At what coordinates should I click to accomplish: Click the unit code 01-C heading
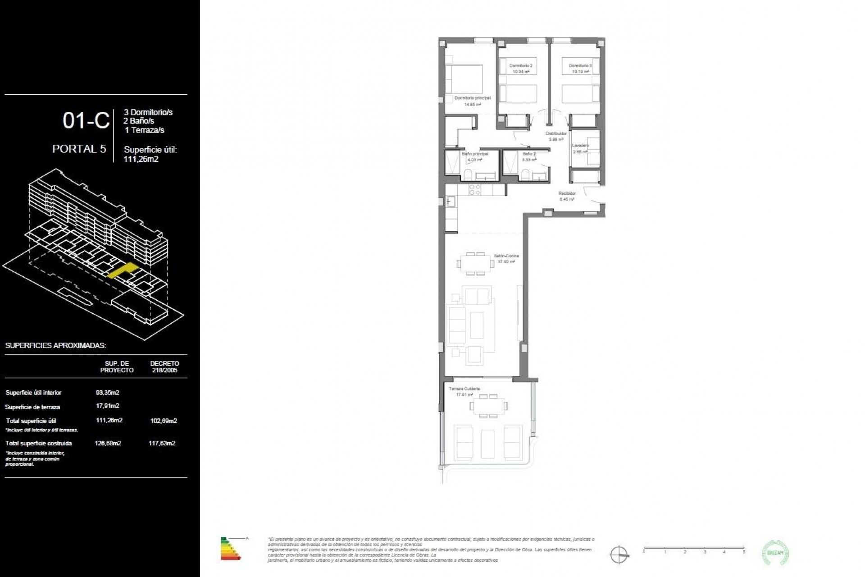point(86,121)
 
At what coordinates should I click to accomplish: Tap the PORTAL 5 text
point(79,149)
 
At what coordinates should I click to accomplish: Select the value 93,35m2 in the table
point(108,393)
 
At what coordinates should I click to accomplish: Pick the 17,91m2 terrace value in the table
point(108,406)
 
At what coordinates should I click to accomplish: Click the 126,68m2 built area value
point(108,443)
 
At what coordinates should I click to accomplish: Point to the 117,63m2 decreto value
point(162,443)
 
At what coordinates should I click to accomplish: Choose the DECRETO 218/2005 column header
point(164,366)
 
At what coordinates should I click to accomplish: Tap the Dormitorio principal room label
point(472,98)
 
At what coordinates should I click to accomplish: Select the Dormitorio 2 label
point(521,66)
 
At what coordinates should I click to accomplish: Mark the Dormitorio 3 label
point(580,66)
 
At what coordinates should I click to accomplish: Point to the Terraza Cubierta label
point(464,389)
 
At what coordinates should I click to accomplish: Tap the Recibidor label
point(567,193)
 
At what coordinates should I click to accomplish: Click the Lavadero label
point(580,145)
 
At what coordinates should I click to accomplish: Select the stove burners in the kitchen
point(475,190)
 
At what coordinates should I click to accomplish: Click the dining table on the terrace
point(488,406)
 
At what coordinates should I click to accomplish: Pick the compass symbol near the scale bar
point(619,554)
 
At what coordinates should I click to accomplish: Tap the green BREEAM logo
point(775,553)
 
